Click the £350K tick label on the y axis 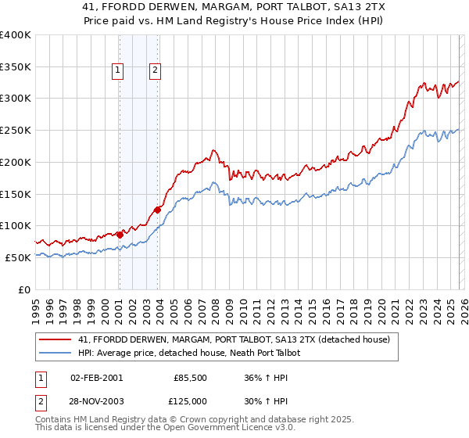tap(16, 66)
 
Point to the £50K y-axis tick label tap(18, 257)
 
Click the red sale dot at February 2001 tap(120, 234)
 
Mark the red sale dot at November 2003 tap(158, 209)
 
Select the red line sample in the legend tap(55, 339)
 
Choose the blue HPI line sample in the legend tap(55, 353)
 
